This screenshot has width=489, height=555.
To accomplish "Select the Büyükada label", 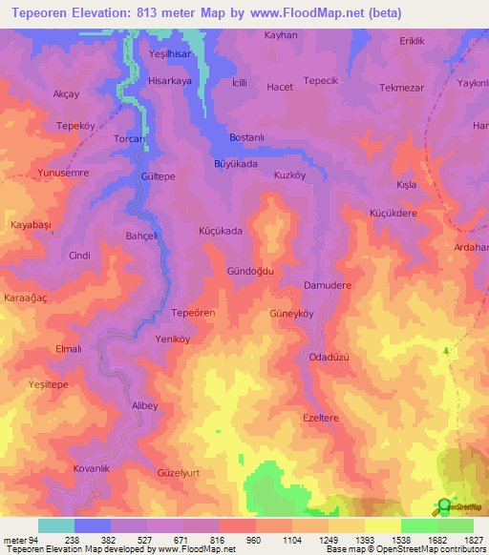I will pyautogui.click(x=236, y=164).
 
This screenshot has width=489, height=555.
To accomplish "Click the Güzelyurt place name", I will pyautogui.click(x=181, y=472).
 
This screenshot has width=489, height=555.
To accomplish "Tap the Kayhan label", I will pyautogui.click(x=282, y=35).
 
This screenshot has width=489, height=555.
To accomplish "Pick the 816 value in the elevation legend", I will pyautogui.click(x=219, y=540).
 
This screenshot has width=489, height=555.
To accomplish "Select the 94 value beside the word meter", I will pyautogui.click(x=38, y=540).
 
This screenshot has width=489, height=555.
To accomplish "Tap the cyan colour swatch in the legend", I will pyautogui.click(x=56, y=525).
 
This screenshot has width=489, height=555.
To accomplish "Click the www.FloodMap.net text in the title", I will pyautogui.click(x=294, y=13).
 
